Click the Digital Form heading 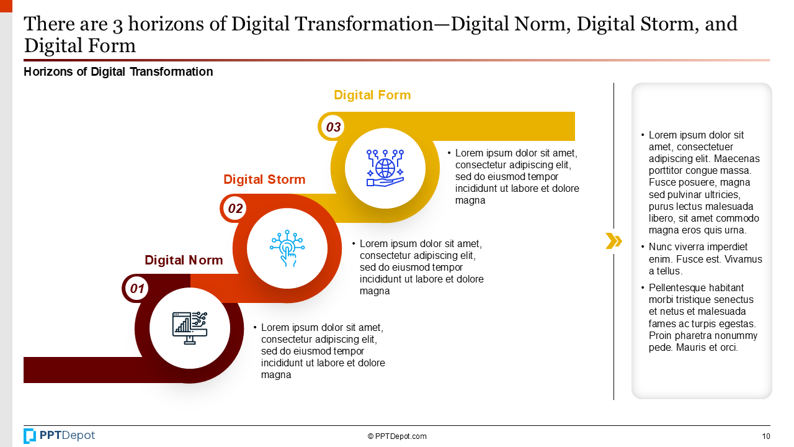[372, 95]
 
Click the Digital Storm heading [264, 179]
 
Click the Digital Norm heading [184, 260]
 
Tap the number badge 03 [334, 127]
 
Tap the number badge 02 [236, 209]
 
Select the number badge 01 [137, 289]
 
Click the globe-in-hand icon [385, 168]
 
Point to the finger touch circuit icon [287, 248]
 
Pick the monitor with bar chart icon [189, 328]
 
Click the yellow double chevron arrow [613, 241]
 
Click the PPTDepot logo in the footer [60, 436]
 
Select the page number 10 [766, 436]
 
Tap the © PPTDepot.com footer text [397, 436]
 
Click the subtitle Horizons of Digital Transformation [118, 72]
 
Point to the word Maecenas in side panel [737, 159]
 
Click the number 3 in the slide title [117, 24]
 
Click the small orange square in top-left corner [6, 5]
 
